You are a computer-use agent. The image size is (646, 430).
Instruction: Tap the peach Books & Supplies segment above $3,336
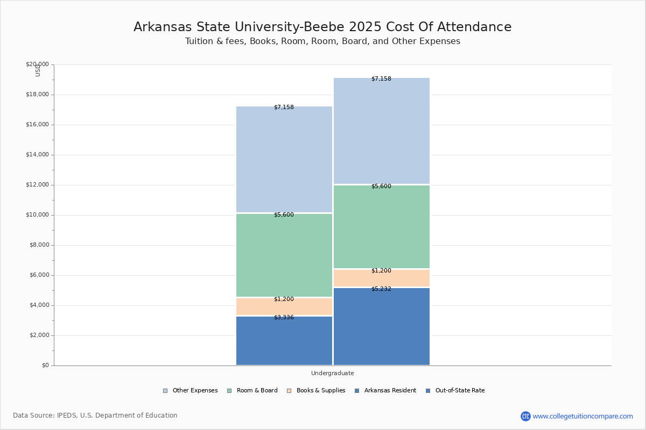[x=284, y=306]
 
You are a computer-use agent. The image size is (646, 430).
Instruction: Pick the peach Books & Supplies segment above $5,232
[x=381, y=278]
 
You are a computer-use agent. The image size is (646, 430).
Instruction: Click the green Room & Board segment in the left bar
[x=284, y=255]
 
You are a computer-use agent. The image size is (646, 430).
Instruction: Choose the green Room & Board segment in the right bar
[x=381, y=227]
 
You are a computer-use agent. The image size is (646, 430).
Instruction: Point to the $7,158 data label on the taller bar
[x=381, y=79]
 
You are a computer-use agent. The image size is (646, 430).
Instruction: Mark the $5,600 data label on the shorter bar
[x=284, y=215]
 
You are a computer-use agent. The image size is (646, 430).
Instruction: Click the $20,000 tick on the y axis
[x=37, y=64]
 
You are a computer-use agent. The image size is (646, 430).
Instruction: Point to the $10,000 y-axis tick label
[x=37, y=215]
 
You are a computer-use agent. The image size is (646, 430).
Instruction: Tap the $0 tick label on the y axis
[x=45, y=365]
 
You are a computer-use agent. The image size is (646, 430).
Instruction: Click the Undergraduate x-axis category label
[x=332, y=373]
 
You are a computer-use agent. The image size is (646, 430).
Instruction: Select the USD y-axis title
[x=38, y=70]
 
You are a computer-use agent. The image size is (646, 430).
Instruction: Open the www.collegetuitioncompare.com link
[x=582, y=416]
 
